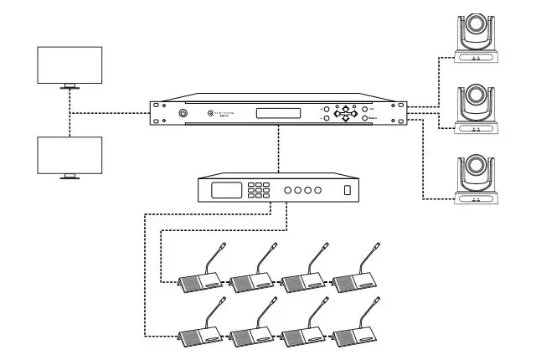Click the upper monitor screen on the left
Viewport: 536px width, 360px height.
tap(70, 64)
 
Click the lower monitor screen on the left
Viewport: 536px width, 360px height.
tap(70, 154)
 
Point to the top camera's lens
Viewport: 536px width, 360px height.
tap(475, 30)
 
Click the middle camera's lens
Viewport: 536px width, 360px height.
tap(475, 100)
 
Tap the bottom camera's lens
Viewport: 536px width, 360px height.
tap(475, 172)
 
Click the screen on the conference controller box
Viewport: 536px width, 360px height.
tap(227, 190)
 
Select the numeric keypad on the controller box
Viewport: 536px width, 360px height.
tap(262, 190)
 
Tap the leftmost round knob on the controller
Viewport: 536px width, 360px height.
tap(288, 191)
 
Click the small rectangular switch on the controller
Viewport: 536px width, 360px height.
tap(348, 191)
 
